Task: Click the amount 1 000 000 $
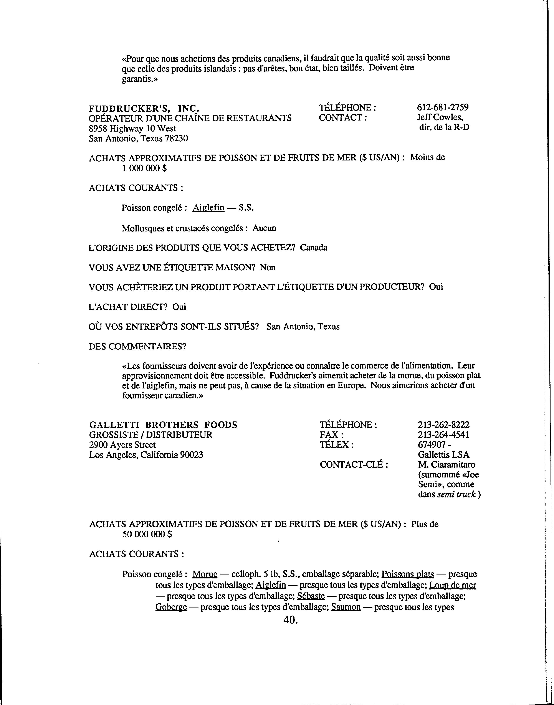[144, 168]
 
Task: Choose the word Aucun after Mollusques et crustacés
[264, 228]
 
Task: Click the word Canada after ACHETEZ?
[313, 248]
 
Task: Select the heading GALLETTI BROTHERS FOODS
[163, 425]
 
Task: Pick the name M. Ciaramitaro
[446, 465]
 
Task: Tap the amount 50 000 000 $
[147, 534]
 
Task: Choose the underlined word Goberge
[171, 607]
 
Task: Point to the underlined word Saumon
[346, 607]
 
